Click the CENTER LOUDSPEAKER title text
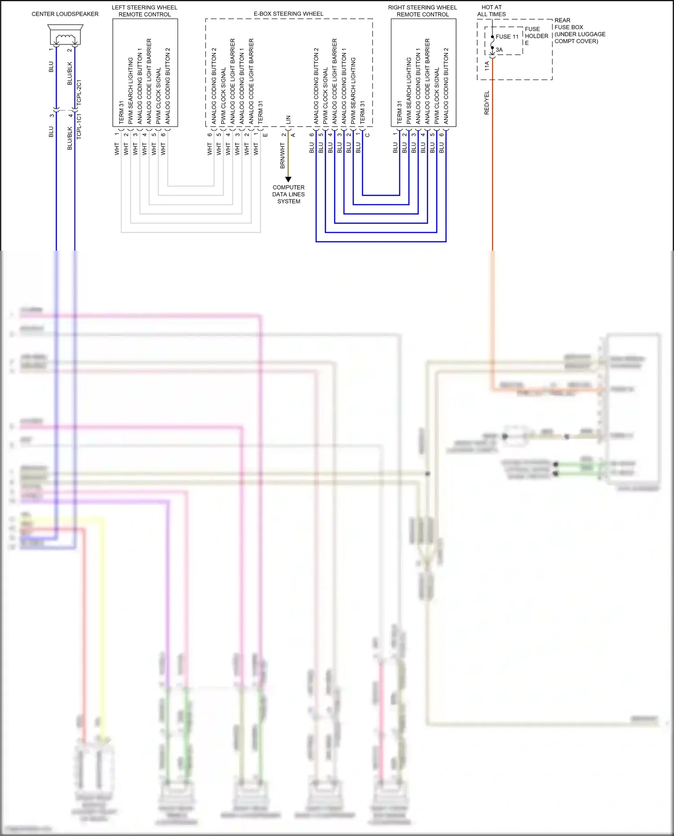(65, 14)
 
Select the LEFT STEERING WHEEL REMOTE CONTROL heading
(144, 11)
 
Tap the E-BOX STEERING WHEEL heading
(288, 14)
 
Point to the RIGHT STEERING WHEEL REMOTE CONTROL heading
(422, 11)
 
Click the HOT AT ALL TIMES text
(491, 11)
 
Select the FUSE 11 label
(507, 37)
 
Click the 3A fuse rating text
(499, 50)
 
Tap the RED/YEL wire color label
(486, 103)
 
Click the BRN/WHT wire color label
(283, 156)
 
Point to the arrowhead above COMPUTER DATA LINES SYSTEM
(288, 179)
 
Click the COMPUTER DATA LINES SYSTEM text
(288, 194)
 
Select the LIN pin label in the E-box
(288, 119)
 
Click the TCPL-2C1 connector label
(79, 93)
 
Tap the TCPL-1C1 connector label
(79, 126)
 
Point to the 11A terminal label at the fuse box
(487, 66)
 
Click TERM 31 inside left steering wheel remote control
(121, 112)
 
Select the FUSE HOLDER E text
(536, 36)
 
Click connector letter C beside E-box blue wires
(368, 135)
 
